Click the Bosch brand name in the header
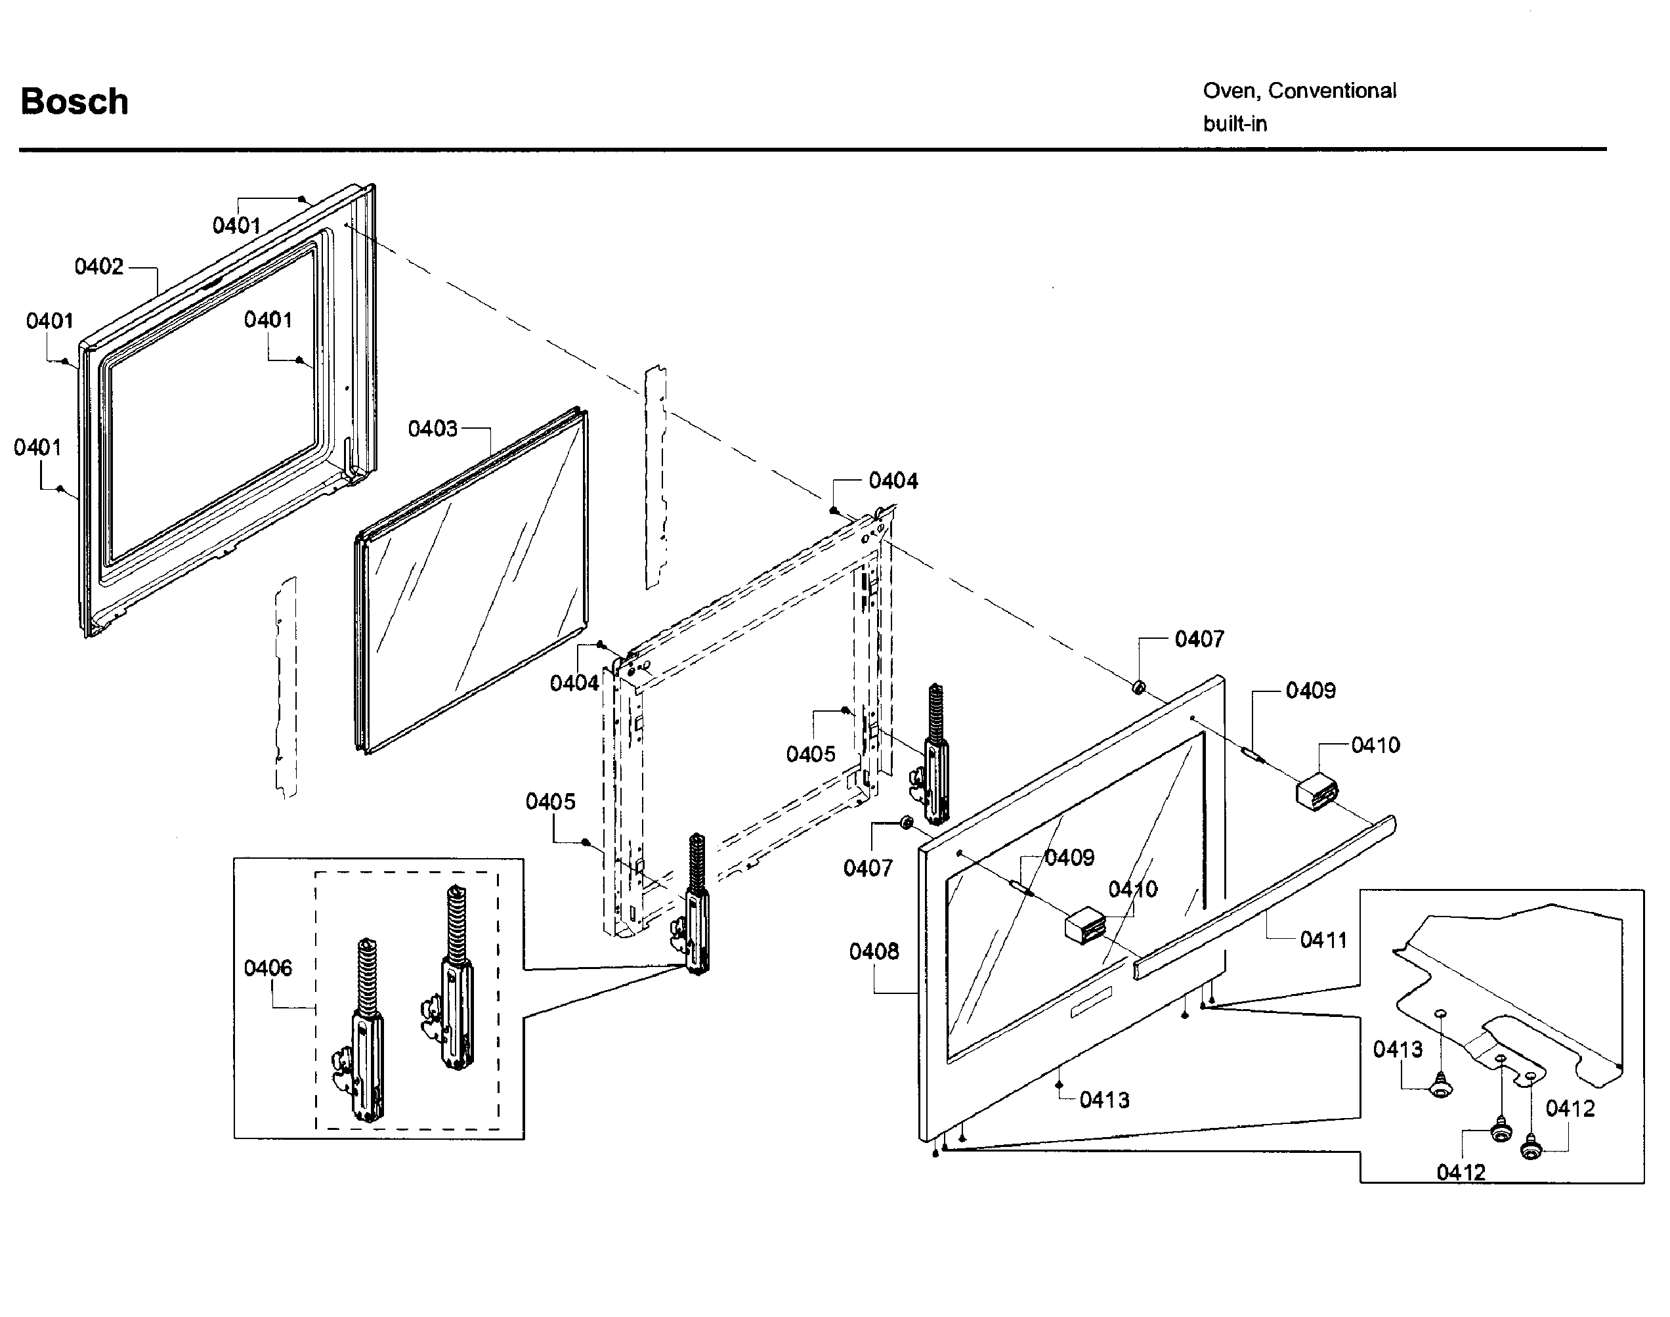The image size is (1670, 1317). coord(74,102)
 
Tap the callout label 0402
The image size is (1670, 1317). coord(98,267)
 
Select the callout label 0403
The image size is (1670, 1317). coord(433,429)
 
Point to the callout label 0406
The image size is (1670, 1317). coord(268,968)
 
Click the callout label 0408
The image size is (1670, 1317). coord(874,952)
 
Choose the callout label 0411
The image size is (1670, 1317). coord(1323,940)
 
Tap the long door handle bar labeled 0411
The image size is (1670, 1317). coord(1264,898)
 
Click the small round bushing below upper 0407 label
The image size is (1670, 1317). coord(1139,687)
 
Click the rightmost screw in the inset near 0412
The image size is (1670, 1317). coord(1530,1150)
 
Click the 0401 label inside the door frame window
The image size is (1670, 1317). coord(268,320)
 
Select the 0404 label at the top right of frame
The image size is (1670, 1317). coord(893,481)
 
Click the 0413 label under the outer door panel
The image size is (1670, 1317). coord(1104,1100)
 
